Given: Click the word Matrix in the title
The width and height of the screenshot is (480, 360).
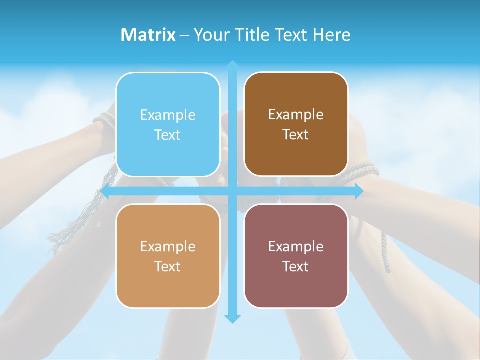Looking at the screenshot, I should tap(148, 35).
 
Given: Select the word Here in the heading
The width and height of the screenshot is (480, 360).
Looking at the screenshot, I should tap(331, 35).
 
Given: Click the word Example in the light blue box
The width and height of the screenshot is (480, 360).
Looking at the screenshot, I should tap(168, 115).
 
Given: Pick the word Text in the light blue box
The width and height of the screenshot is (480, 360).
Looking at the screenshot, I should tap(168, 135).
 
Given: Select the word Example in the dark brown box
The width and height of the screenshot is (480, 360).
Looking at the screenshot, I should tap(296, 114).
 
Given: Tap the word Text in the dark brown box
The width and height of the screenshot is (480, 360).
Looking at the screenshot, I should tap(296, 134).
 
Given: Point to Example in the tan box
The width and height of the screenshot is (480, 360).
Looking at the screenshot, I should tap(168, 246).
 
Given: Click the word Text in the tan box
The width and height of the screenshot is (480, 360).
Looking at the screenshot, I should tap(168, 266).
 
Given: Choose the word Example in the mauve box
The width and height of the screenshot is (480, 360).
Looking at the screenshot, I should tap(296, 246).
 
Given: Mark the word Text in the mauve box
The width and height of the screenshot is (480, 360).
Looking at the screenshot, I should tap(296, 266).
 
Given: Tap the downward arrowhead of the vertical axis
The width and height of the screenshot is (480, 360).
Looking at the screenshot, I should tap(232, 318).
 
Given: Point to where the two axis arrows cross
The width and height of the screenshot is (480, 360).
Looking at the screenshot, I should tap(232, 191).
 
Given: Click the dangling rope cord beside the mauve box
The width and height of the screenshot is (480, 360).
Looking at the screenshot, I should tap(385, 252).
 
